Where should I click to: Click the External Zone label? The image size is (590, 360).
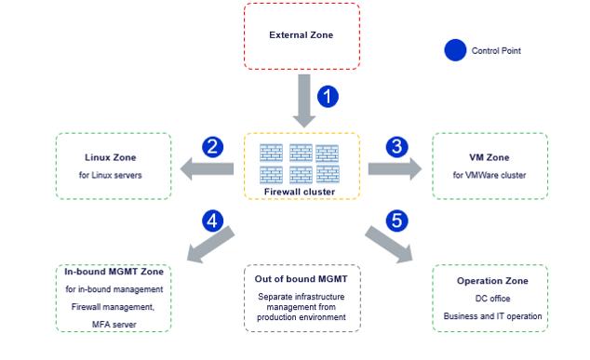301,35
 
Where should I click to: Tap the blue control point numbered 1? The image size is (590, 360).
329,96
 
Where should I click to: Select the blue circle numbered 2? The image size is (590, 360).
212,145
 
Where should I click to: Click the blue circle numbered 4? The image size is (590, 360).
212,221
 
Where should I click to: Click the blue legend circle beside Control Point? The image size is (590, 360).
455,50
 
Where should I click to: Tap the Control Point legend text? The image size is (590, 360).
497,51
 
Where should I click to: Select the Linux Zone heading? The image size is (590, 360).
113,156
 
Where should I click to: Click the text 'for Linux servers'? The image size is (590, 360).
113,175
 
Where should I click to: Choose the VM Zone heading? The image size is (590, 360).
489,156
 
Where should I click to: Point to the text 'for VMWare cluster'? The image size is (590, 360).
489,175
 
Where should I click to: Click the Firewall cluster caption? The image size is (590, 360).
301,192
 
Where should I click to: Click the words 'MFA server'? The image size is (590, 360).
113,322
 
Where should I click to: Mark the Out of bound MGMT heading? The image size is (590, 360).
301,278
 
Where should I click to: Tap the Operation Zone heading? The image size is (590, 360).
492,281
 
